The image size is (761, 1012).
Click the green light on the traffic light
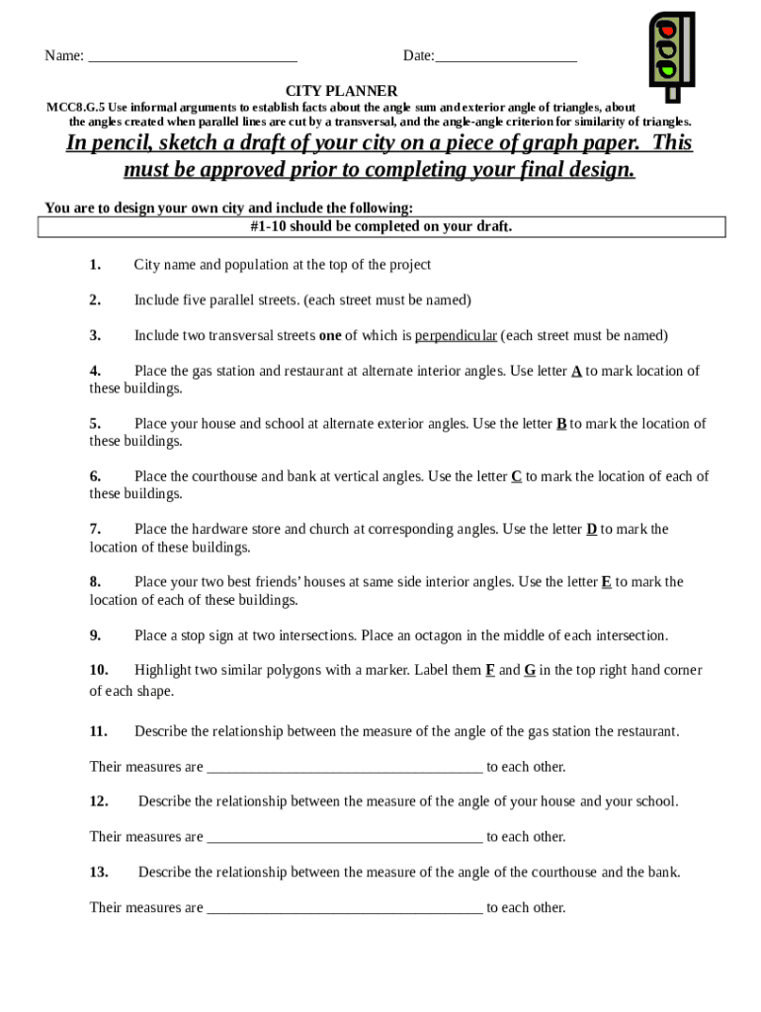pos(668,69)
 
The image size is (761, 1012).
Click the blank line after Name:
pos(193,57)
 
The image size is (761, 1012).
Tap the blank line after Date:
pos(506,57)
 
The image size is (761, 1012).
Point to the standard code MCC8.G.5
pos(76,107)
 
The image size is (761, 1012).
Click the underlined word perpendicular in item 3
pos(456,336)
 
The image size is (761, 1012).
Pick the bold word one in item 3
pos(330,336)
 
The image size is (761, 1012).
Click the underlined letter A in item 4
pos(576,372)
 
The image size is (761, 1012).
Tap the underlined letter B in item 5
pos(561,424)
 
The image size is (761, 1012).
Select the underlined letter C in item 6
pos(516,476)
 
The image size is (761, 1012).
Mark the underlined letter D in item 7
pos(591,530)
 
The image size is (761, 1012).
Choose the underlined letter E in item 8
pos(607,582)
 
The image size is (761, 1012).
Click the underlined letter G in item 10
pos(530,670)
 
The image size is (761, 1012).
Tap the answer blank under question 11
pos(344,768)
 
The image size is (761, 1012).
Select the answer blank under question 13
pos(344,908)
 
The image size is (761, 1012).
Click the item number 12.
pos(99,801)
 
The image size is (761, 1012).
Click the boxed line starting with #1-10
pos(381,227)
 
